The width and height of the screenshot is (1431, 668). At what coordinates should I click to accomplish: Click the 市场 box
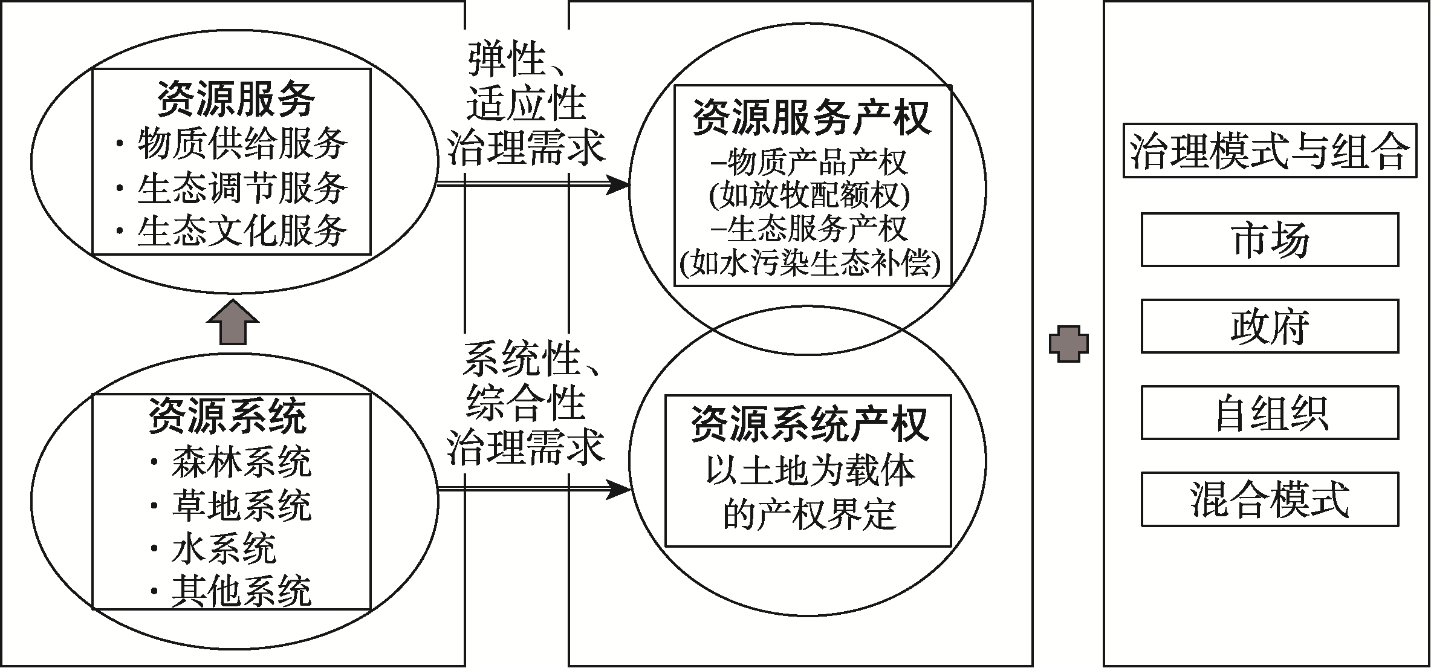[x=1270, y=239]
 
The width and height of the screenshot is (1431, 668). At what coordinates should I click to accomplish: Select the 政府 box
[x=1270, y=326]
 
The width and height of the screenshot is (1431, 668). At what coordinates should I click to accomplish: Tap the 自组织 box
[x=1270, y=412]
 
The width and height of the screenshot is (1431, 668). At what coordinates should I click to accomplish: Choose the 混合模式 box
[x=1270, y=499]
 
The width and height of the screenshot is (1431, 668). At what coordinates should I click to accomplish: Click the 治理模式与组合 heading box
[x=1270, y=151]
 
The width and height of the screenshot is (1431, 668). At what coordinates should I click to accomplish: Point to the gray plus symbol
[x=1068, y=343]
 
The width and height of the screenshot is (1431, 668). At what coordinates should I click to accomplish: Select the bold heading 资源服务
[x=236, y=99]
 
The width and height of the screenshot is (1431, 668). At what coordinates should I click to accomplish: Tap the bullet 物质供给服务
[x=232, y=144]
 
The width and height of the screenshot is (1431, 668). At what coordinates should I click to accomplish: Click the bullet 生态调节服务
[x=232, y=188]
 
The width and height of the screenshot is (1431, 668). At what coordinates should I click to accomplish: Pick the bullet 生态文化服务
[x=232, y=232]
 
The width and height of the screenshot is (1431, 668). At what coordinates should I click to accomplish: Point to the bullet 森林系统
[x=231, y=463]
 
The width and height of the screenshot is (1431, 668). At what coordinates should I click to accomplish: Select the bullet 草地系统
[x=231, y=506]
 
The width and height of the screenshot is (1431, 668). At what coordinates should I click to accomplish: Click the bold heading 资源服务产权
[x=811, y=117]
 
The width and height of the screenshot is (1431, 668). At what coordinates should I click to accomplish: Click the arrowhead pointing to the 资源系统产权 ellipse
[x=618, y=489]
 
